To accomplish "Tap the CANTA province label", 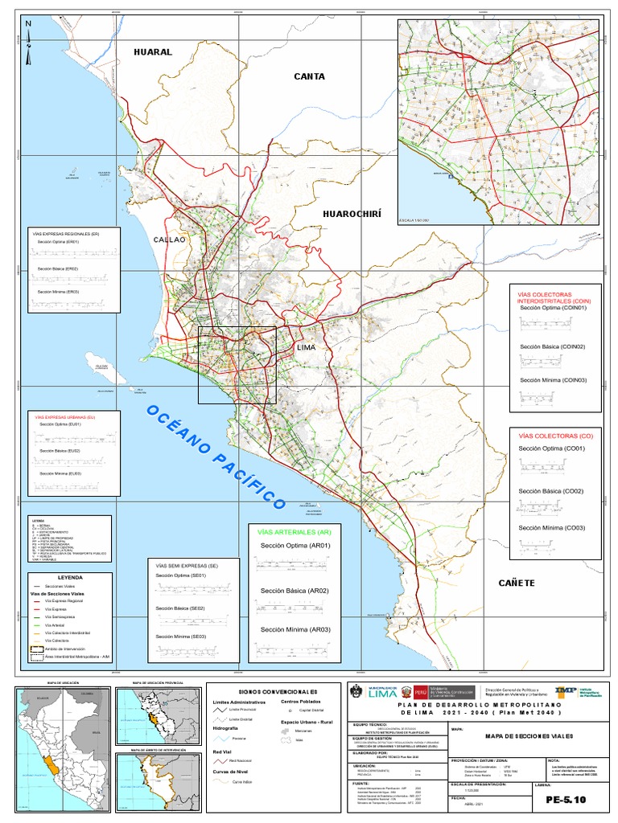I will [x=309, y=76].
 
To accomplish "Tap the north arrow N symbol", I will [x=28, y=24].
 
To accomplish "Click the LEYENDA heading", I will [x=70, y=577].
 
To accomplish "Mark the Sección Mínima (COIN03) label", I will [x=552, y=379].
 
